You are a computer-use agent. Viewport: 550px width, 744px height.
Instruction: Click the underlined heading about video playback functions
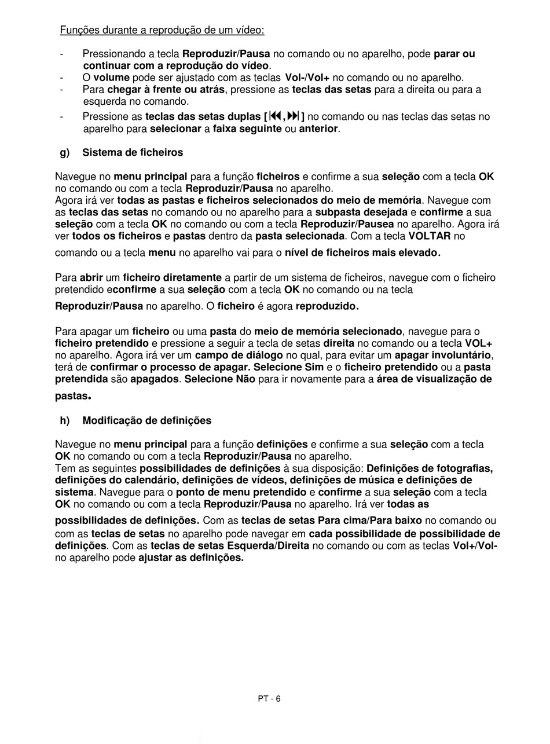162,30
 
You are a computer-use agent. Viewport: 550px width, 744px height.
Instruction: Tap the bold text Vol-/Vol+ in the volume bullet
307,78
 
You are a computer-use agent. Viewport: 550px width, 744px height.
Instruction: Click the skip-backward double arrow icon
276,116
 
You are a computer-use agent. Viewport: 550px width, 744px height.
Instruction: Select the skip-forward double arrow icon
292,116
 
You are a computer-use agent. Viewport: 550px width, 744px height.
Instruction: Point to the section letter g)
65,153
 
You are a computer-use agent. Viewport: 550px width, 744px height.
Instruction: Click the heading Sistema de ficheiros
133,153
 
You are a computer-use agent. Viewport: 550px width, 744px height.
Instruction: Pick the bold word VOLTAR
429,236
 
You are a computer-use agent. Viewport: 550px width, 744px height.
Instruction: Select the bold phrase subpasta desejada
361,212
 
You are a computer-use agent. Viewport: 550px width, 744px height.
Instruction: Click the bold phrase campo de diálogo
239,355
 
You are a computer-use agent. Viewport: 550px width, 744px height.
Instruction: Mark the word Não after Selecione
245,380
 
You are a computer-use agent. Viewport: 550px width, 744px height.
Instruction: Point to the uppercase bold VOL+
478,343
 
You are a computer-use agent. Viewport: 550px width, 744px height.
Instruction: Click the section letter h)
65,421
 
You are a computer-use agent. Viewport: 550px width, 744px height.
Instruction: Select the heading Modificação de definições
147,421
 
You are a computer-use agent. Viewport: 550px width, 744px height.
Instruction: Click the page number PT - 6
269,699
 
